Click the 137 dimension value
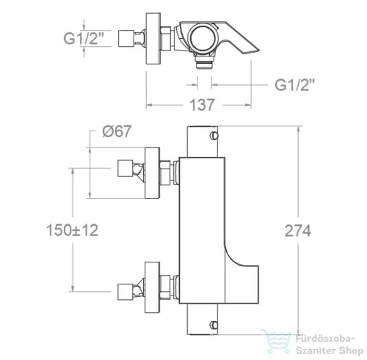click(202, 105)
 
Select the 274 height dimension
click(298, 231)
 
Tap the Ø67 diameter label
click(117, 131)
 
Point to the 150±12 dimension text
click(73, 230)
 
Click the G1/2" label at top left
click(84, 38)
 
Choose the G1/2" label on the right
click(294, 85)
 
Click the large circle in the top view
click(203, 38)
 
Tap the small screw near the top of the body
click(214, 136)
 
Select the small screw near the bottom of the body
click(214, 325)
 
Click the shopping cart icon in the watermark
click(275, 342)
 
